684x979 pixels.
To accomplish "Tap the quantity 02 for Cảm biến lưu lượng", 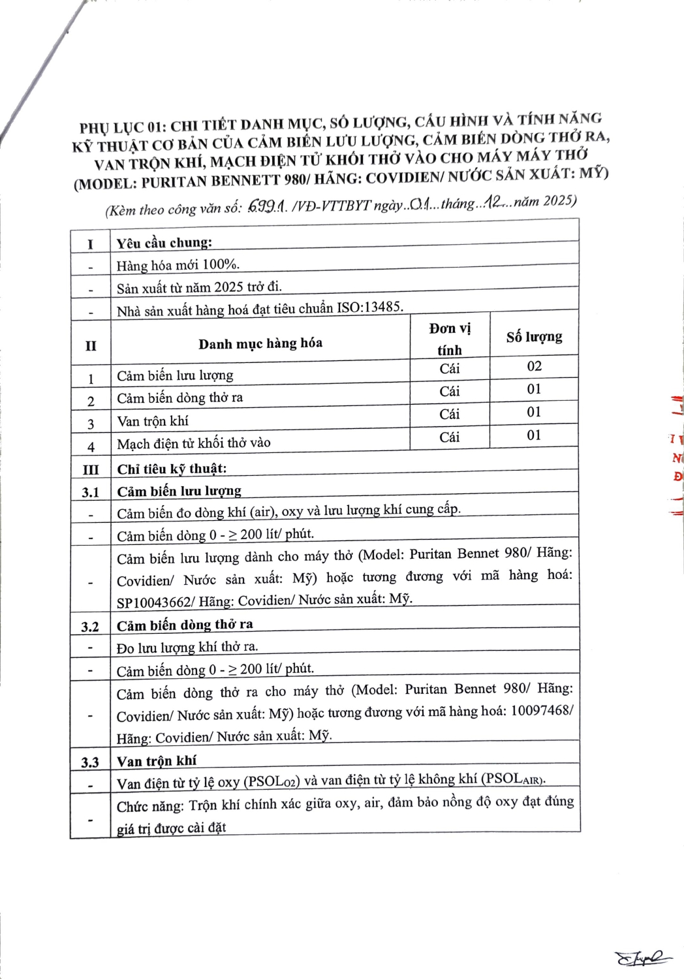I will pos(534,366).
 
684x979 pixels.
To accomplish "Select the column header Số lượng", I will pos(534,337).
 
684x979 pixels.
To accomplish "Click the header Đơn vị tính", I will pos(450,339).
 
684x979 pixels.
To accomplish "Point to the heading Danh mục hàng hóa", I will pos(260,343).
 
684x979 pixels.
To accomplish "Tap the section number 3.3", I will pos(90,762).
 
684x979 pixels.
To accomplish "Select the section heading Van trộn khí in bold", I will pos(157,761).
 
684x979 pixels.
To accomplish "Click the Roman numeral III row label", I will pos(91,470).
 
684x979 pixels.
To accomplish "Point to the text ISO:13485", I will pos(370,306).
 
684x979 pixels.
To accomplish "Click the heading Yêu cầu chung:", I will pos(164,243).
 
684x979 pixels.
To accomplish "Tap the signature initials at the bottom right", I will pos(642,957).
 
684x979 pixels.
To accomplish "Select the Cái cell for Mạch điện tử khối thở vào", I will pos(449,437).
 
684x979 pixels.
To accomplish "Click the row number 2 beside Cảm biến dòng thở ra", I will pos(91,401).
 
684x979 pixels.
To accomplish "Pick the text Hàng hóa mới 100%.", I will pos(178,265).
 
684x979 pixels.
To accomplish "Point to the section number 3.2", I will pos(90,627).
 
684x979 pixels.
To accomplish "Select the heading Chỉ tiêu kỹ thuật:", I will pos(172,469).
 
